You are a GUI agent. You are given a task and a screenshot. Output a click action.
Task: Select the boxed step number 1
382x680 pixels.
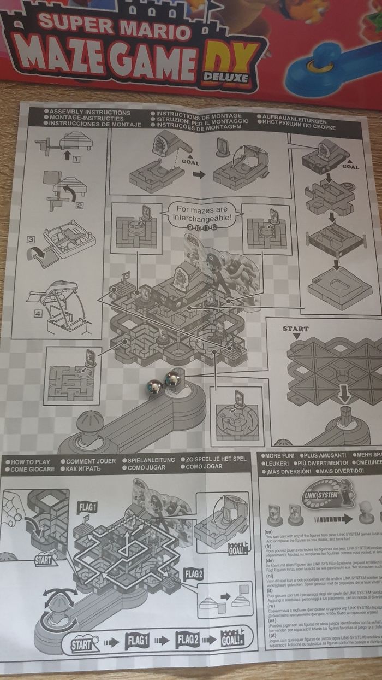[76, 159]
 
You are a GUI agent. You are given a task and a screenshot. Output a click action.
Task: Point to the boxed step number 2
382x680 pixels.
[79, 206]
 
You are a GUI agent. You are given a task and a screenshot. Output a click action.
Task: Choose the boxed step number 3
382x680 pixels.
[32, 239]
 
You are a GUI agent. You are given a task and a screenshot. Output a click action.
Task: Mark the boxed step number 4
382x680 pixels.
[38, 314]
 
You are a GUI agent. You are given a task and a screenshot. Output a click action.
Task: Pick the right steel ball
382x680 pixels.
[174, 379]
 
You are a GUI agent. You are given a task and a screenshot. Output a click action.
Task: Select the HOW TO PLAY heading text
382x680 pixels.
[31, 462]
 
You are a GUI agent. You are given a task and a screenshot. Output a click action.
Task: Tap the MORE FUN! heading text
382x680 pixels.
[279, 455]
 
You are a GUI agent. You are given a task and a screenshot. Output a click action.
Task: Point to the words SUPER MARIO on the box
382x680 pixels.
[115, 27]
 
